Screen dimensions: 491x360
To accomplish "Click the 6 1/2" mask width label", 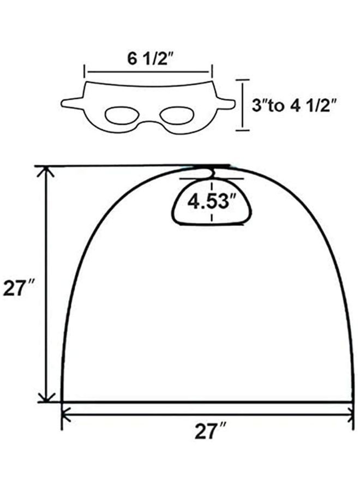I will (147, 59).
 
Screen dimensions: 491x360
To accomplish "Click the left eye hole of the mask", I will (121, 115).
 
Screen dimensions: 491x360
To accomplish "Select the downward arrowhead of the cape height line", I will (47, 398).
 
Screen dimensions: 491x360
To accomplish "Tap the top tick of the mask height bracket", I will (242, 80).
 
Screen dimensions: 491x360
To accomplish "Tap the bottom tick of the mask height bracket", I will (242, 130).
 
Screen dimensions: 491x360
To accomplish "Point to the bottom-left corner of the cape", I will (62, 402).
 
